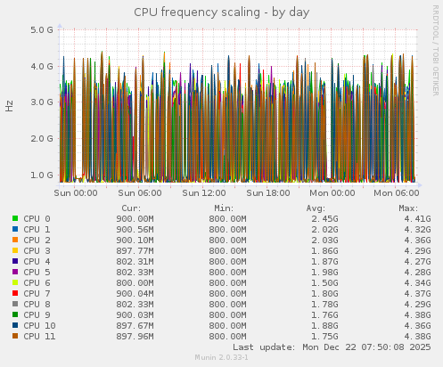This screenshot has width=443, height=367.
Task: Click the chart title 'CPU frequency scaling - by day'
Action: click(x=222, y=12)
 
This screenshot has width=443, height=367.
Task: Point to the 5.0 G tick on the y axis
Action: click(x=42, y=29)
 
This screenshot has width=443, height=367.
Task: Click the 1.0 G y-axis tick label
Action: click(x=42, y=175)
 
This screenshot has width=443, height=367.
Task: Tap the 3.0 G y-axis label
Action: click(x=42, y=102)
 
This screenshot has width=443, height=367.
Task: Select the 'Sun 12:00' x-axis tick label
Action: click(x=204, y=192)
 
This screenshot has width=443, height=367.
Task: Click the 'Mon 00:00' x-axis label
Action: click(x=332, y=192)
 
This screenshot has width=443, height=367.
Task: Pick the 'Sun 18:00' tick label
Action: click(x=268, y=192)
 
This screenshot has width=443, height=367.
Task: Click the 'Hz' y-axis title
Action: click(x=10, y=105)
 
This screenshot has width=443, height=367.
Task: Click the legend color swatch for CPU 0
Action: click(x=15, y=218)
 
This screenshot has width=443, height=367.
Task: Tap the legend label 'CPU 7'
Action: click(x=37, y=293)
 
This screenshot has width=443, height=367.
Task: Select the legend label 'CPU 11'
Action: click(x=39, y=336)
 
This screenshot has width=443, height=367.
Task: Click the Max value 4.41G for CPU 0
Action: click(x=416, y=218)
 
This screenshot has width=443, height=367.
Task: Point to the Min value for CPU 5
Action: click(x=227, y=272)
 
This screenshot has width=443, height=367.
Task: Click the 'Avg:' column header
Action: click(x=316, y=208)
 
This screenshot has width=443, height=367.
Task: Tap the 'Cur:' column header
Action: click(x=131, y=208)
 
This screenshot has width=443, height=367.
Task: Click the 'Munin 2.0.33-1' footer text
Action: click(x=221, y=358)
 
